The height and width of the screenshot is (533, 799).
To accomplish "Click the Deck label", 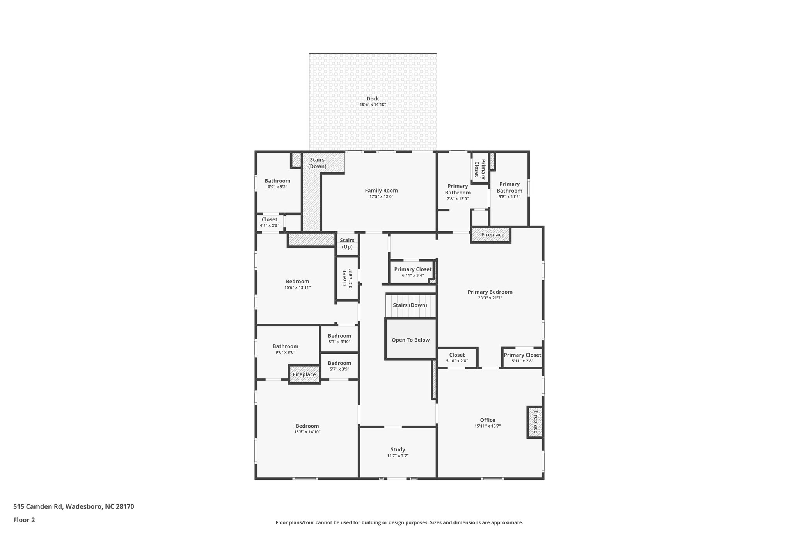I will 373,99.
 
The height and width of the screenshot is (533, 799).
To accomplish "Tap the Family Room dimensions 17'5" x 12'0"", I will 381,197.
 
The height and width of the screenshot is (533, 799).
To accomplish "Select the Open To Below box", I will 410,340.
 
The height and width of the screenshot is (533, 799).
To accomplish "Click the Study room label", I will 398,449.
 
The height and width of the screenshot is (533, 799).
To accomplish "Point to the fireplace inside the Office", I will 535,422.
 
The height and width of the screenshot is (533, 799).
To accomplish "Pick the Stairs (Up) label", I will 347,243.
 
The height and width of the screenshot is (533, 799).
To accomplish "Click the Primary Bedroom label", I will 490,292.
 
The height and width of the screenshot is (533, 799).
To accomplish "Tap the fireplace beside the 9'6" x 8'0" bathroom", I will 304,374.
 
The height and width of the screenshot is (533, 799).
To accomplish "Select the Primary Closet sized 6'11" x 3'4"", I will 412,269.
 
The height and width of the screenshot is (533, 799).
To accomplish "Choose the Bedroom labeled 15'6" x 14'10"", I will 307,426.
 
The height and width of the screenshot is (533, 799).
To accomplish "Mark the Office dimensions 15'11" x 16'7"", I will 487,426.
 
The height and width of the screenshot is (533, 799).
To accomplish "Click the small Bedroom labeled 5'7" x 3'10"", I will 339,336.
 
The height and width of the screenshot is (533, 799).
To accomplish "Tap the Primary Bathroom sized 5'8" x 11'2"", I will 509,187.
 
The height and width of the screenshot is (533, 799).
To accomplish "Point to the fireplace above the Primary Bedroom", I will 492,235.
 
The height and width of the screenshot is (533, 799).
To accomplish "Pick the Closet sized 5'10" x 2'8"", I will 457,355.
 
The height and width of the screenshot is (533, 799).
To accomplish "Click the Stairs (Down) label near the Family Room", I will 317,163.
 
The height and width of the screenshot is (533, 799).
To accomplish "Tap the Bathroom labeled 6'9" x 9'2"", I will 277,181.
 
